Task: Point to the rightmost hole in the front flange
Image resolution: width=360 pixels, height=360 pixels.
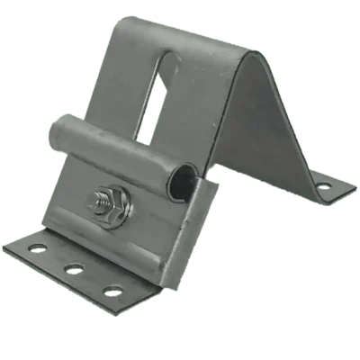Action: pyautogui.click(x=113, y=291)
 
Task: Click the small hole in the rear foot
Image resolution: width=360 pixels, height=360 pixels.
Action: pyautogui.click(x=323, y=187)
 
